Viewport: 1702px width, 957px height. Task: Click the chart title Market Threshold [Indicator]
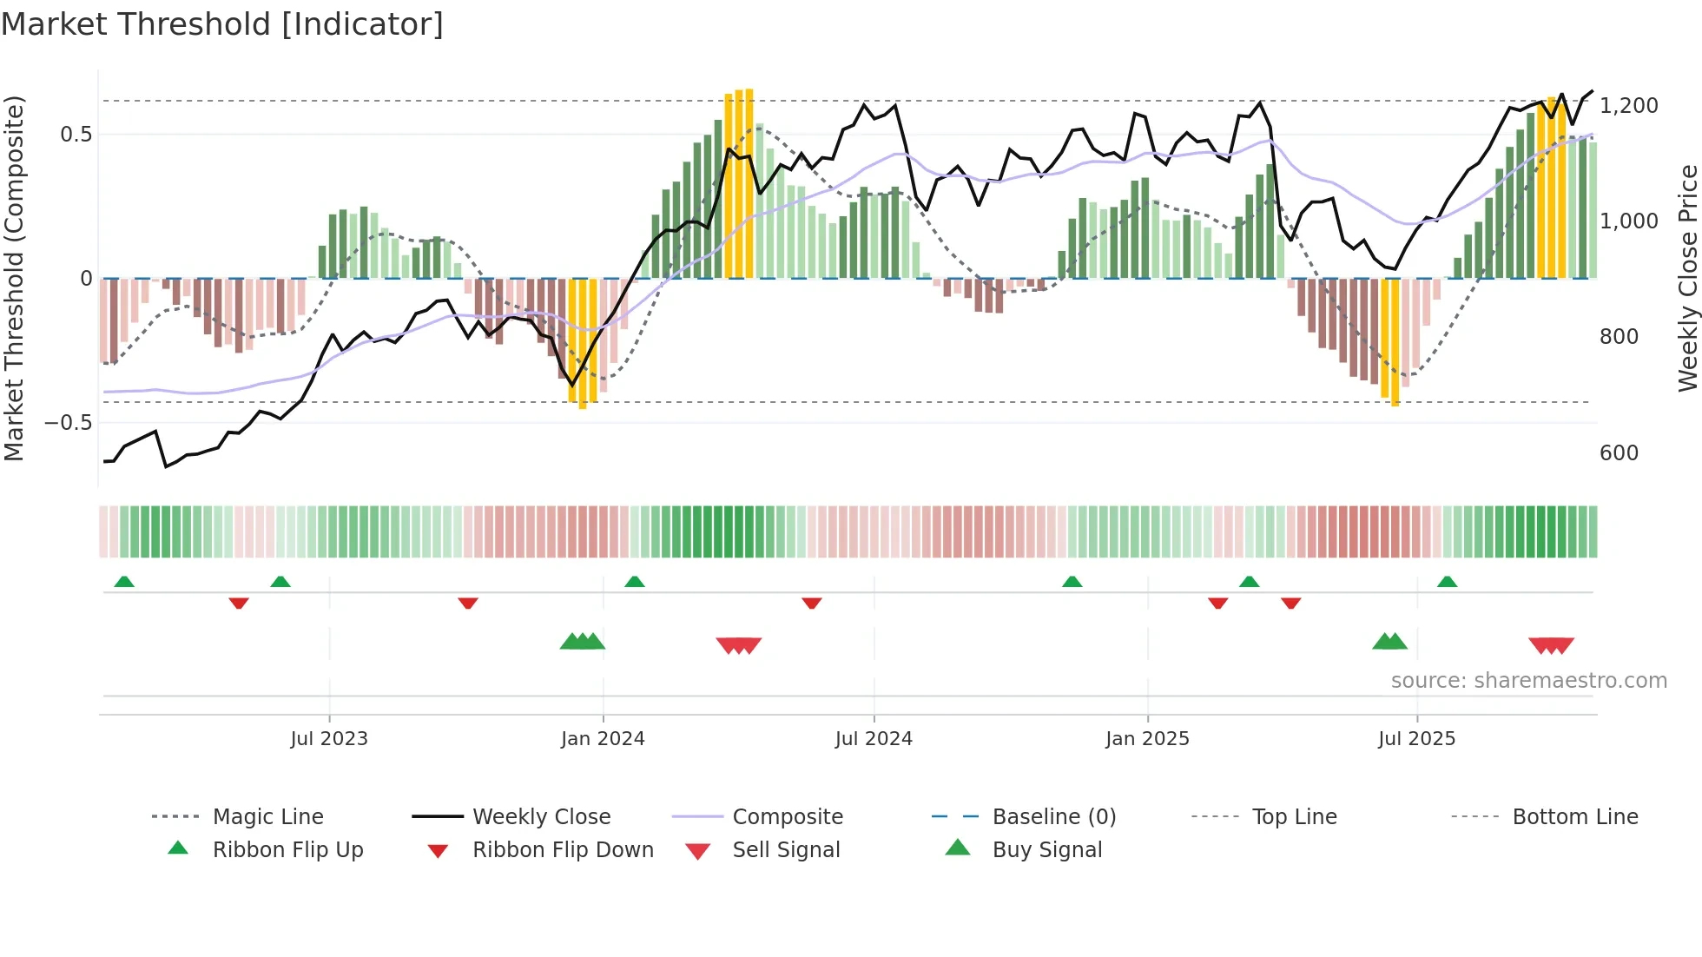(222, 24)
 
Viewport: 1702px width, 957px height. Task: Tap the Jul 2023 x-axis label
(329, 738)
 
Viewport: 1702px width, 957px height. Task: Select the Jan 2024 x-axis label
(603, 738)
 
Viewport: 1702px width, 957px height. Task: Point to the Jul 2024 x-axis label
(874, 738)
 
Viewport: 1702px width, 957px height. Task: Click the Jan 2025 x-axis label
(1147, 738)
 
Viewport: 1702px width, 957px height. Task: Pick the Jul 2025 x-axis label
(1416, 738)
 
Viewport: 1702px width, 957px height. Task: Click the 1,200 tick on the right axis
(1629, 106)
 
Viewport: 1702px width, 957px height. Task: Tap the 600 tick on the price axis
(1619, 453)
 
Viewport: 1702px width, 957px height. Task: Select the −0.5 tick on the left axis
(69, 423)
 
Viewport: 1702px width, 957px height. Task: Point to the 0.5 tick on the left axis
(76, 135)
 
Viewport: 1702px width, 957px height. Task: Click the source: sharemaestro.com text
(1528, 680)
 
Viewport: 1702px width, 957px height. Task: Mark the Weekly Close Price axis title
(1687, 278)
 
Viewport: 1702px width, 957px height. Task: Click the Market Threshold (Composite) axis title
(14, 278)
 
